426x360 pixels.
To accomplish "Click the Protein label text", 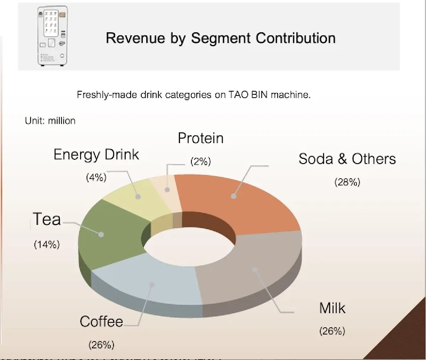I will [201, 138].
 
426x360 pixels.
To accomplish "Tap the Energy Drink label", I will [96, 155].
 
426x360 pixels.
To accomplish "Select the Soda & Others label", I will [347, 159].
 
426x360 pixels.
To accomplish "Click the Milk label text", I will [332, 308].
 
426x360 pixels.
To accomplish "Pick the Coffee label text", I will [102, 322].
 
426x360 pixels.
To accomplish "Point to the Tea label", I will [47, 219].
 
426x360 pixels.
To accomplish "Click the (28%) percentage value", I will [347, 182].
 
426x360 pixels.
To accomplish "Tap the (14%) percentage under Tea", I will [47, 244].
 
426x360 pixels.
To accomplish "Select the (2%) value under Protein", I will [201, 162].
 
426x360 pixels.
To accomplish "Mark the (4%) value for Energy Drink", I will [96, 177].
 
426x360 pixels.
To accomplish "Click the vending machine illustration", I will [52, 37].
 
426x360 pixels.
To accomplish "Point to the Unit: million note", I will [50, 121].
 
